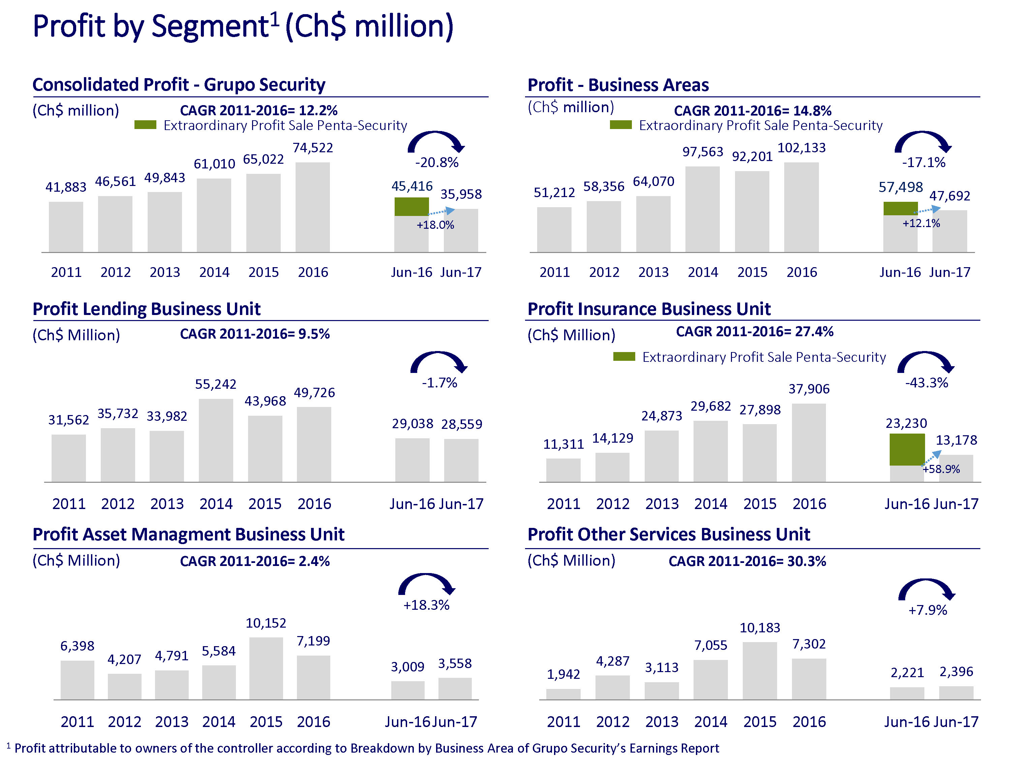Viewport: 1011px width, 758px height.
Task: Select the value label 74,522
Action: [313, 148]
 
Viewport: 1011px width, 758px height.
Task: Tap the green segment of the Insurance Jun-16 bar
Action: [907, 450]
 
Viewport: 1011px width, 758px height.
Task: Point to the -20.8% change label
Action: [436, 163]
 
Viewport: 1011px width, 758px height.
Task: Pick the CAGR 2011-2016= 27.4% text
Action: [754, 332]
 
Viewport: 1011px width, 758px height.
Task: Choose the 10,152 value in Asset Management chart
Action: [266, 623]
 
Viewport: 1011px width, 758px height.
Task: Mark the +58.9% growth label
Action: [941, 469]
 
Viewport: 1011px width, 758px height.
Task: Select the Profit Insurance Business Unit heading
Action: [649, 309]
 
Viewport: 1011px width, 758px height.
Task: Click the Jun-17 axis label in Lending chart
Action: [461, 504]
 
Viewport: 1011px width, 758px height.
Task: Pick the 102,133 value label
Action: [802, 148]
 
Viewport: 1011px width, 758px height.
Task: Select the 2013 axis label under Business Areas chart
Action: [653, 272]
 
